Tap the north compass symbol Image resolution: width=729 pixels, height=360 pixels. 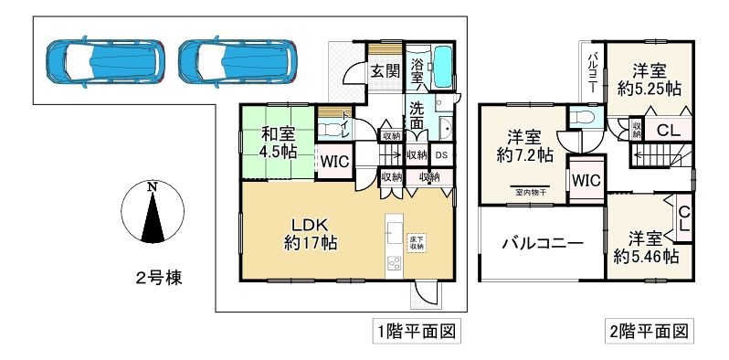tap(147, 209)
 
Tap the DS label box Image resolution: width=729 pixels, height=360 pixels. tap(440, 155)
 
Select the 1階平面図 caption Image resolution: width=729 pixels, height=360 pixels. tap(414, 330)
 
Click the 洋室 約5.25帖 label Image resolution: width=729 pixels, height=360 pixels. tap(650, 79)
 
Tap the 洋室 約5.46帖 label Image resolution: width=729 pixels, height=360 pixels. tap(645, 248)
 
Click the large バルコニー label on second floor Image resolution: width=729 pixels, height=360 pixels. tap(540, 244)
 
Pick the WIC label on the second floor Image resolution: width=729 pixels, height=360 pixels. tap(585, 180)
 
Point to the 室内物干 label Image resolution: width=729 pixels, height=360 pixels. tap(529, 192)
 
